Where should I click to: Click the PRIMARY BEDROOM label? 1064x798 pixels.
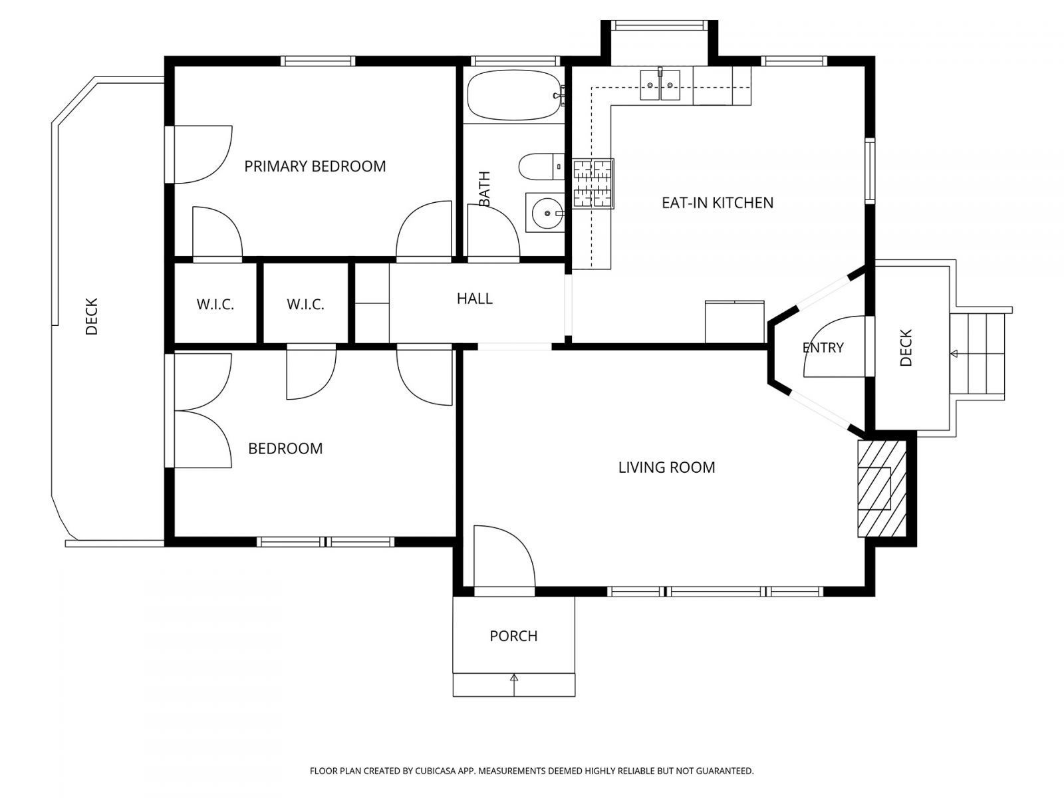pos(315,166)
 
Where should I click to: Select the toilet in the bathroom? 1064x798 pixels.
pos(539,166)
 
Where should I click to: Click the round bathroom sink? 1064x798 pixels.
pos(545,213)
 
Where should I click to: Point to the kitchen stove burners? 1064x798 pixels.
pos(593,184)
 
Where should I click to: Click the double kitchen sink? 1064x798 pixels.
pos(660,84)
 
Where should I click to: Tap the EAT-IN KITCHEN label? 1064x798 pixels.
pos(717,203)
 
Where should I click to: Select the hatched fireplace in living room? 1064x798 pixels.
pos(880,488)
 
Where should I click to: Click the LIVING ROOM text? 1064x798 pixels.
pos(666,467)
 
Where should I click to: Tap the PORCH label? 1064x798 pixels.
pos(513,636)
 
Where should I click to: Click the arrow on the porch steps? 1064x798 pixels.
pos(514,678)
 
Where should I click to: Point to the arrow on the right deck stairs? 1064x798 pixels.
pos(955,353)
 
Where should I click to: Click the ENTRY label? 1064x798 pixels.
pos(823,348)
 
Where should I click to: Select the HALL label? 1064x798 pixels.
pos(474,299)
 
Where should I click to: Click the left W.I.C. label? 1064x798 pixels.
pos(215,305)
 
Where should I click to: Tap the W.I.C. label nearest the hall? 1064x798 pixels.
pos(305,305)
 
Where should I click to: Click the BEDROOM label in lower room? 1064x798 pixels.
pos(285,449)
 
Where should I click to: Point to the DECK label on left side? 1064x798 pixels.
pos(91,316)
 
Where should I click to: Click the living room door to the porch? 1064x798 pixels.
pos(503,557)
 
